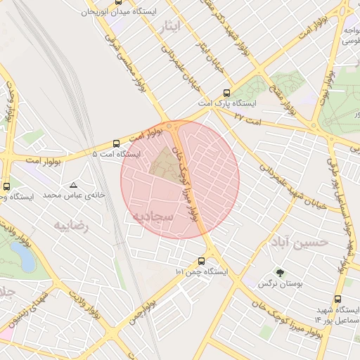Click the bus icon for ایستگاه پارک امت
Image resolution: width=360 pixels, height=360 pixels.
tap(226, 92)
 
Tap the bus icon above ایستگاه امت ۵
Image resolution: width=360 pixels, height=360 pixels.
tap(116, 143)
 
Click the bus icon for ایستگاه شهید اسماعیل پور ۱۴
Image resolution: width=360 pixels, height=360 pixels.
tap(338, 300)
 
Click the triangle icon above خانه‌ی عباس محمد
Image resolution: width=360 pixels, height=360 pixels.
tap(74, 185)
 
